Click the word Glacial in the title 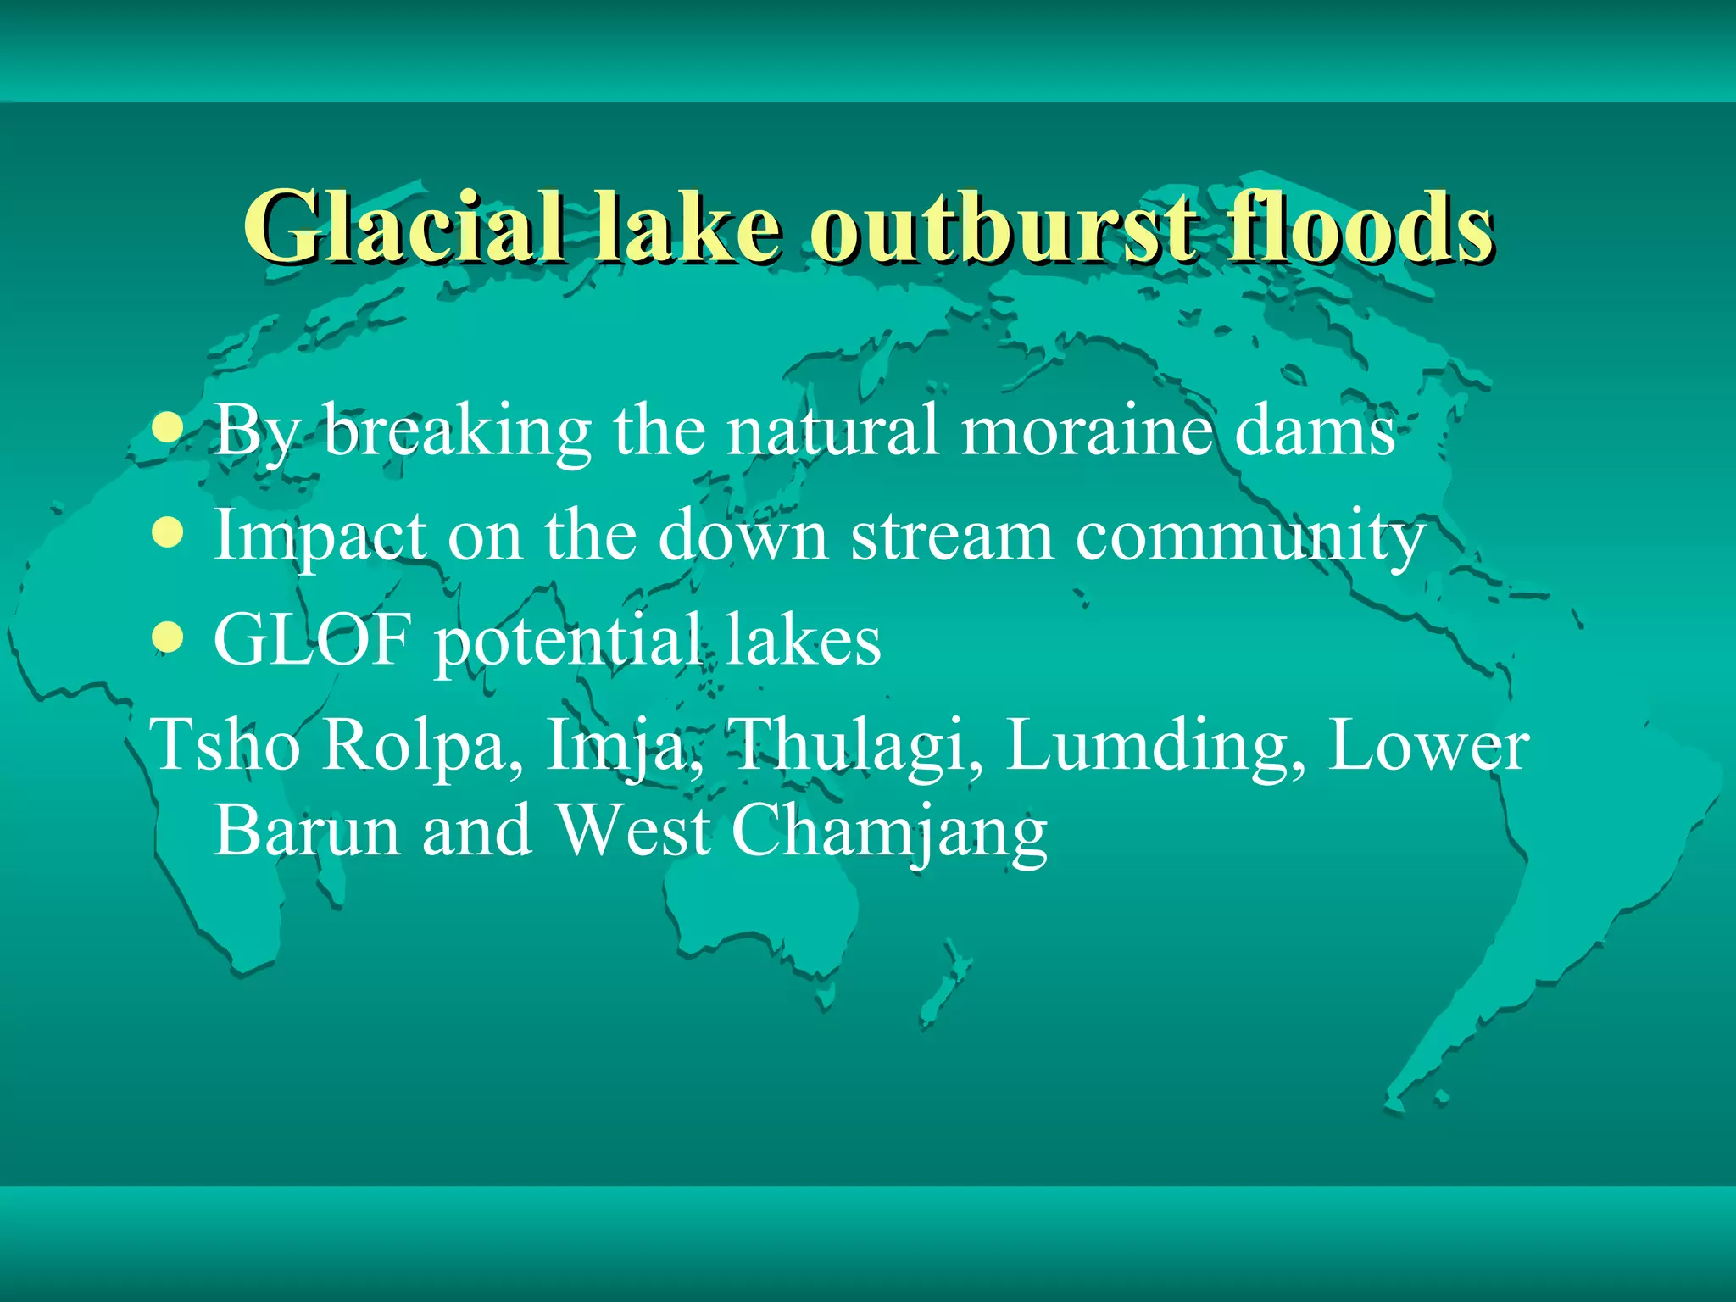403,227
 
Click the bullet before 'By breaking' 170,429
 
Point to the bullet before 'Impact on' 170,535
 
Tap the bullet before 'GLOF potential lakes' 170,639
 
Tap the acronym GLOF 313,639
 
